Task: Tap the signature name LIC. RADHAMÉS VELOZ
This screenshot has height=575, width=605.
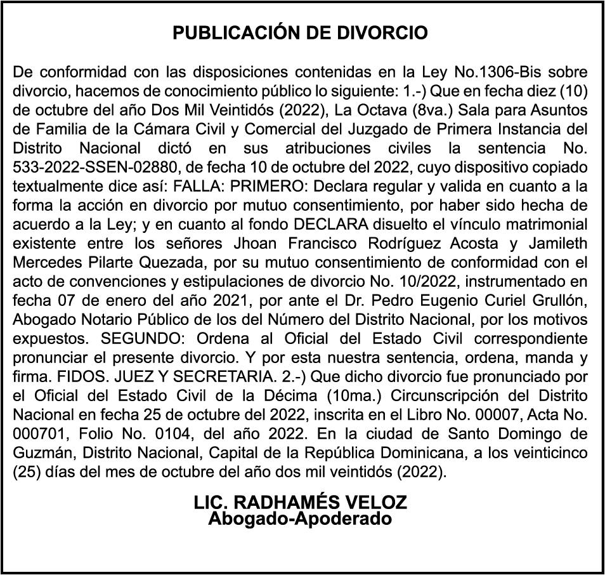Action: (300, 503)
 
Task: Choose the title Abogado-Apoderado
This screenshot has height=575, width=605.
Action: (300, 519)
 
